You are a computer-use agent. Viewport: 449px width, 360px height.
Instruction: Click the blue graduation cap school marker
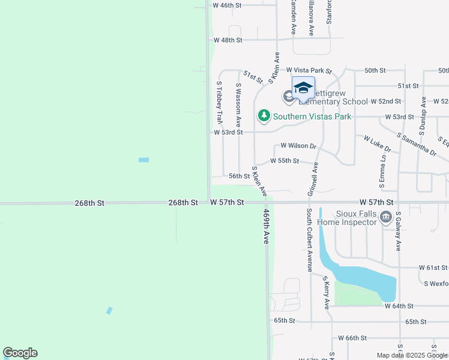(303, 88)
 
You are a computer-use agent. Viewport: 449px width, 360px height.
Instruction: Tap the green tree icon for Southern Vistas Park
(264, 116)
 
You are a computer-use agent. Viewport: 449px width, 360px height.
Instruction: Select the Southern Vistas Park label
(312, 116)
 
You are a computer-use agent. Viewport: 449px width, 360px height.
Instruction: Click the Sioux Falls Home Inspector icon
(385, 217)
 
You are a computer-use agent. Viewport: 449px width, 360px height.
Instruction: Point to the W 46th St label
(228, 5)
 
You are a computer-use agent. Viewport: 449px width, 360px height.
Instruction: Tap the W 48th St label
(228, 40)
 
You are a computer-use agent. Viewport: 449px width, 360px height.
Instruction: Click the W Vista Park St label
(309, 71)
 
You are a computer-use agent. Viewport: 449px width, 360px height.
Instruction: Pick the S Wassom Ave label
(238, 103)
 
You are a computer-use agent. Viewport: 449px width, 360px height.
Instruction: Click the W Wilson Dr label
(298, 146)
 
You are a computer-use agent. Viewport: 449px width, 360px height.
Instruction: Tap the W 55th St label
(285, 161)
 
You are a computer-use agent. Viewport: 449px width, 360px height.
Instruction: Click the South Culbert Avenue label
(309, 241)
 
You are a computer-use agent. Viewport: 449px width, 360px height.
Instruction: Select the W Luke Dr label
(378, 143)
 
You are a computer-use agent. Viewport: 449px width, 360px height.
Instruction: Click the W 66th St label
(352, 338)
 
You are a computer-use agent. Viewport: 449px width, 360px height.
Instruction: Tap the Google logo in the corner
(20, 353)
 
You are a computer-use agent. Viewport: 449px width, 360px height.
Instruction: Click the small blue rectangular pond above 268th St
(143, 160)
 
